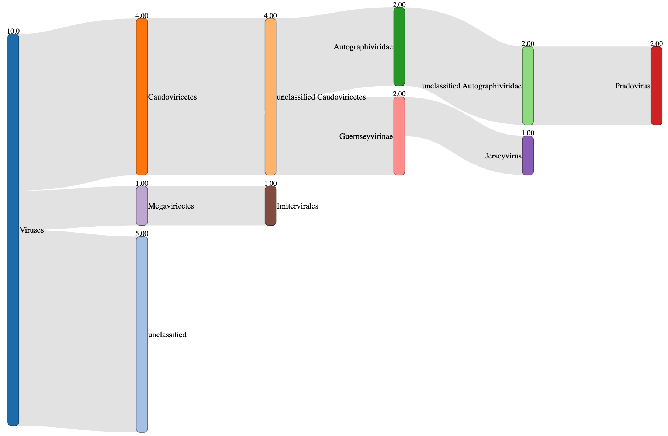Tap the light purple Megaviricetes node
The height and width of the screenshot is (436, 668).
point(142,206)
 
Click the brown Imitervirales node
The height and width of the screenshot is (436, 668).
point(270,206)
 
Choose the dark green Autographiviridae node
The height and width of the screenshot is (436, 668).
point(399,46)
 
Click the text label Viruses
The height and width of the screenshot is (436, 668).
point(31,230)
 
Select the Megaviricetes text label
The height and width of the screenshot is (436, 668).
point(171,206)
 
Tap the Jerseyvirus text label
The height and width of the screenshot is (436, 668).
point(503,156)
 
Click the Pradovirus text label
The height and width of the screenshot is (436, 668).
point(632,86)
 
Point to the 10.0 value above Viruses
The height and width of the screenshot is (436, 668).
point(13,31)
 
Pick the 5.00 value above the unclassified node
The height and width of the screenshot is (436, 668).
point(142,233)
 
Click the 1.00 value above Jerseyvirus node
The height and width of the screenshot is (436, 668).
point(528,133)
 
